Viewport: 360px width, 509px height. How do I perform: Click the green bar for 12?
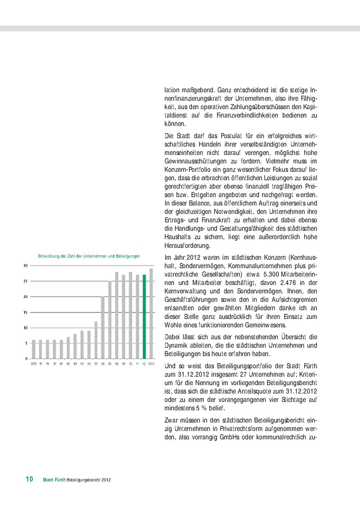[x=144, y=316]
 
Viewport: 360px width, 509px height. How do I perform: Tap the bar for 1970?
[x=34, y=349]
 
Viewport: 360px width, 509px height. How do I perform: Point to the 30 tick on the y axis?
[x=25, y=265]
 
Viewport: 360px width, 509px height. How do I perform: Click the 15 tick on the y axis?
[x=25, y=312]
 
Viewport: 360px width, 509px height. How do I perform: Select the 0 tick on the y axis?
[x=26, y=358]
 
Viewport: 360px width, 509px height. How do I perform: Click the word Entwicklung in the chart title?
[x=48, y=256]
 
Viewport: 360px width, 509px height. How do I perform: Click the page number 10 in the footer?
[x=29, y=479]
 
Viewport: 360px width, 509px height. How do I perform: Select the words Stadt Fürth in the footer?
[x=54, y=480]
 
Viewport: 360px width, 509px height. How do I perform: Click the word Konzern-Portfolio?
[x=186, y=169]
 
